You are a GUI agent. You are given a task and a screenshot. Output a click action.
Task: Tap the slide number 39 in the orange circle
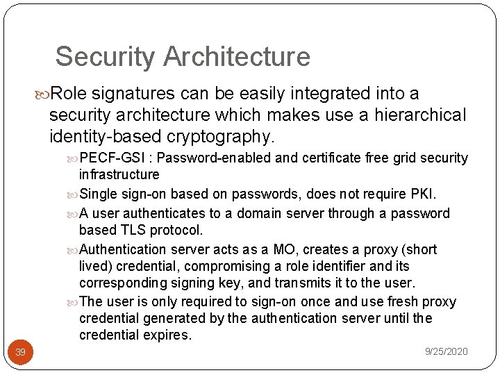pyautogui.click(x=20, y=352)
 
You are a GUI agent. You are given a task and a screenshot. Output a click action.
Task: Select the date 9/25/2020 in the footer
pyautogui.click(x=446, y=352)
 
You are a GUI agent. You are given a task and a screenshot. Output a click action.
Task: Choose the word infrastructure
pyautogui.click(x=119, y=174)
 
